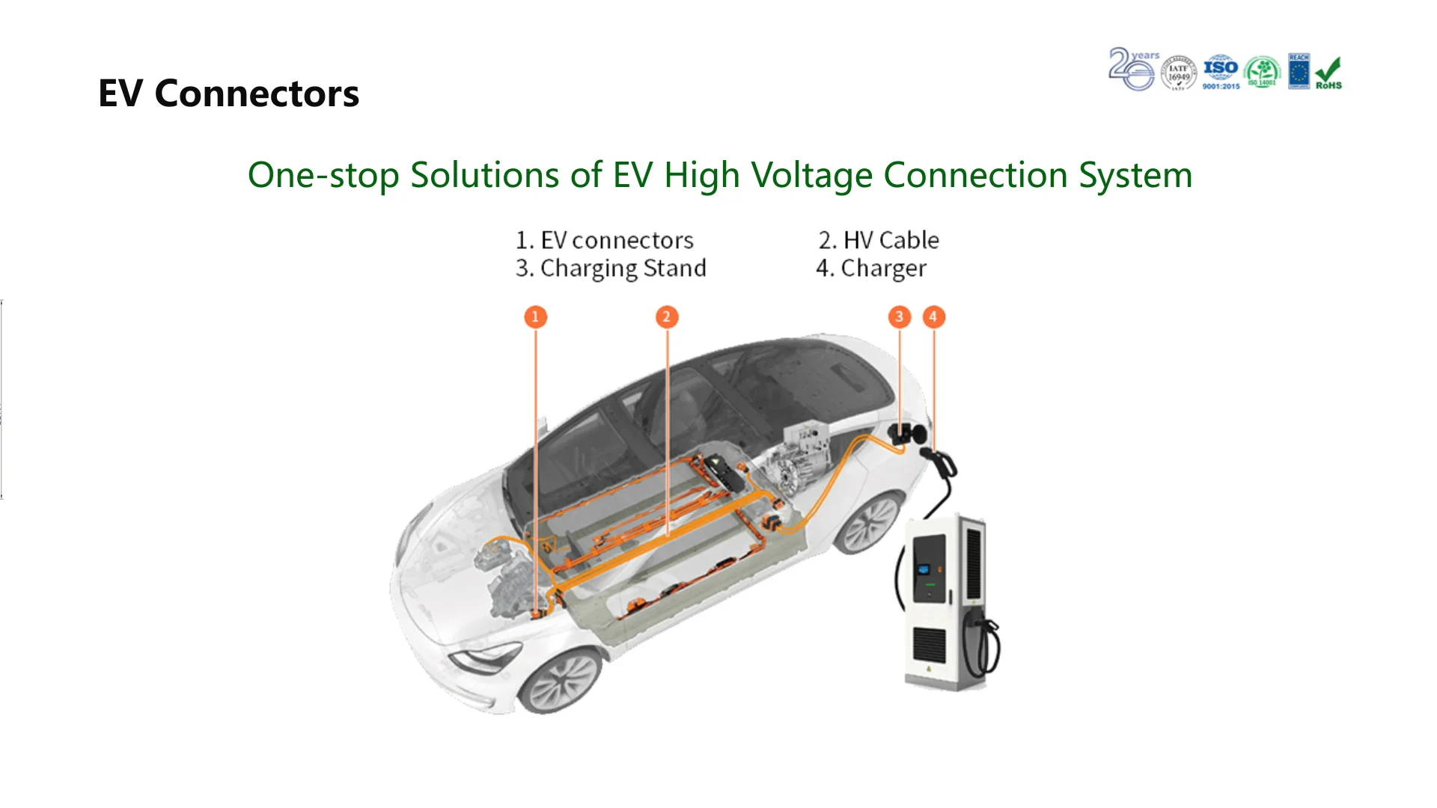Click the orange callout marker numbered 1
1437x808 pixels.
click(535, 316)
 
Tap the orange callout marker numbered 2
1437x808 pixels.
click(667, 316)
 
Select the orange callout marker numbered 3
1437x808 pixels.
click(900, 316)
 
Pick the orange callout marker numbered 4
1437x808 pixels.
click(933, 316)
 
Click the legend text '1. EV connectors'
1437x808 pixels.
click(605, 240)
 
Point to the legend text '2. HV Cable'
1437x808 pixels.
click(879, 240)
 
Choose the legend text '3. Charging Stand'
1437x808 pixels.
click(611, 268)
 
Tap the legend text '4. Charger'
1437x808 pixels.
click(871, 268)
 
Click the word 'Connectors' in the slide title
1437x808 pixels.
click(257, 94)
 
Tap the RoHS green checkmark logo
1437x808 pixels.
click(1328, 73)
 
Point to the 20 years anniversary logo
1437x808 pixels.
click(1132, 70)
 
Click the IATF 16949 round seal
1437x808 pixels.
click(1179, 73)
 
